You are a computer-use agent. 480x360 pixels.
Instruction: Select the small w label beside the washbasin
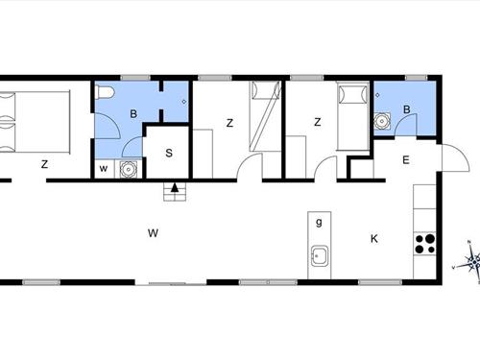[104, 170]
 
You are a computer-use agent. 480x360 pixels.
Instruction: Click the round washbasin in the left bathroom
[128, 170]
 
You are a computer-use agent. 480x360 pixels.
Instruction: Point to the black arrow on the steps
[174, 188]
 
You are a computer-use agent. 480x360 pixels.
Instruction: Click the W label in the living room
[153, 232]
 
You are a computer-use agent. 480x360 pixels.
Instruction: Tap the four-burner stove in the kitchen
[424, 244]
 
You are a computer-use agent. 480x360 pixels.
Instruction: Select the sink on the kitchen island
[320, 257]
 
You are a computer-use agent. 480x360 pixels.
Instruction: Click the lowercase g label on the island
[319, 222]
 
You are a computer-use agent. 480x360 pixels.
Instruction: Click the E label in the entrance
[406, 160]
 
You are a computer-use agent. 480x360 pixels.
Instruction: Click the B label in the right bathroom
[407, 110]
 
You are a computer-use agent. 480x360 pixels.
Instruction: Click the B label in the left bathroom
[132, 113]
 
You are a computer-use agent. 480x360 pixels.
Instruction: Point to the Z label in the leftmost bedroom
[44, 165]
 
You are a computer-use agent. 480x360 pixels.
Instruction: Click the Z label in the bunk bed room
[229, 123]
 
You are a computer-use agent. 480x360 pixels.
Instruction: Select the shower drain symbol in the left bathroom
[183, 100]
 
